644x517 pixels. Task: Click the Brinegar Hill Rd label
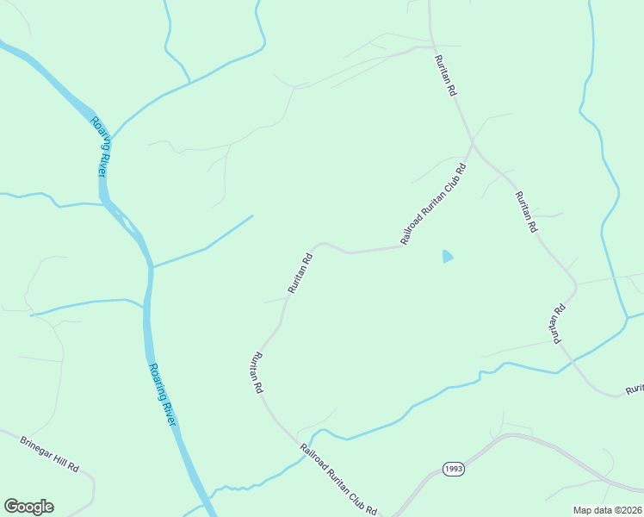[x=49, y=453]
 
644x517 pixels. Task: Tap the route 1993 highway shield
[x=455, y=469]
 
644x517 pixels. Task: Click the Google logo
[x=28, y=507]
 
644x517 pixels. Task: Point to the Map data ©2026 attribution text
[x=608, y=510]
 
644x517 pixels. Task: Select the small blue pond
[x=447, y=256]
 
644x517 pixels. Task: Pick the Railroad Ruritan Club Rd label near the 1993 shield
[x=338, y=480]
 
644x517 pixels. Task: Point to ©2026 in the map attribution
[x=625, y=510]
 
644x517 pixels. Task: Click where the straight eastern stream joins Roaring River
[x=152, y=267]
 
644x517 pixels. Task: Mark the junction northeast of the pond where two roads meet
[x=472, y=142]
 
